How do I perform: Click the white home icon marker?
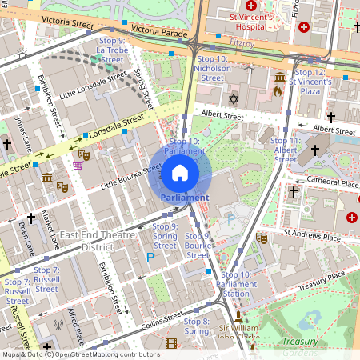(x=180, y=172)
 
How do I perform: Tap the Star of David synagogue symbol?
(x=234, y=99)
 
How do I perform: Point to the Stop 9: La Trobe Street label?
(x=112, y=50)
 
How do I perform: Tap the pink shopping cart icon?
(x=78, y=166)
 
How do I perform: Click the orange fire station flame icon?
(x=277, y=91)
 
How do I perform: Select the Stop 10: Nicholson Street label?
(x=212, y=69)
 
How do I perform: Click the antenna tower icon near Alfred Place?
(x=57, y=326)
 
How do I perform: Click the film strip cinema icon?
(x=170, y=343)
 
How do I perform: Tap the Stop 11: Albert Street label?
(x=286, y=150)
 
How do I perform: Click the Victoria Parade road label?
(x=158, y=30)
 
